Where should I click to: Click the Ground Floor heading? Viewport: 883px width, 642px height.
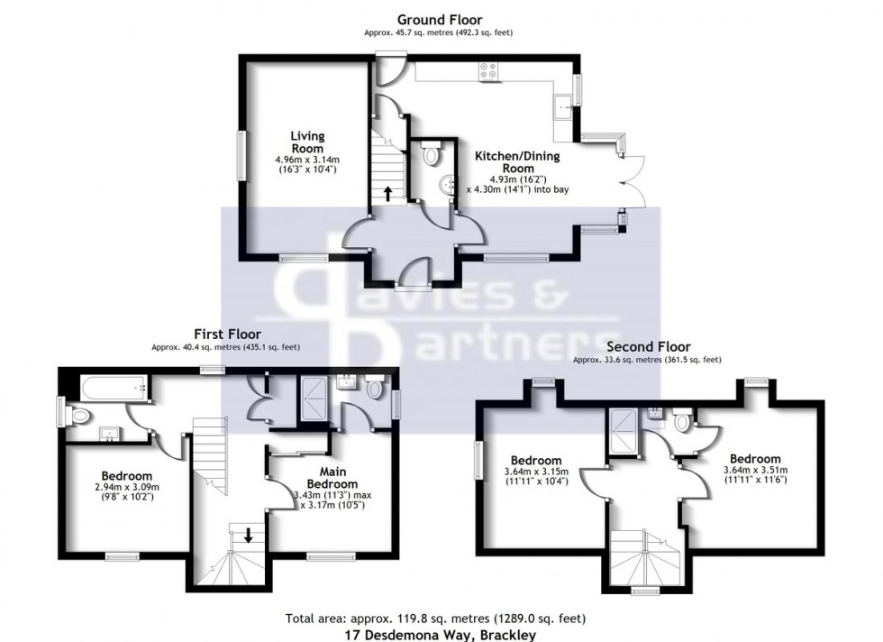pyautogui.click(x=440, y=20)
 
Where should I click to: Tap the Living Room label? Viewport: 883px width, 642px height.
pyautogui.click(x=306, y=142)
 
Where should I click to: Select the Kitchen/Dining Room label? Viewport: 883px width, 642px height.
pyautogui.click(x=516, y=162)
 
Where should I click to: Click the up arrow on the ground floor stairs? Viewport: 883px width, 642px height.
pyautogui.click(x=387, y=192)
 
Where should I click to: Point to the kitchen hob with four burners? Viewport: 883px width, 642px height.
pyautogui.click(x=492, y=70)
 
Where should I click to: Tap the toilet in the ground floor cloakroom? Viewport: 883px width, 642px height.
pyautogui.click(x=430, y=155)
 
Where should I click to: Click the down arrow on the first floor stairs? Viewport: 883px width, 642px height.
pyautogui.click(x=249, y=535)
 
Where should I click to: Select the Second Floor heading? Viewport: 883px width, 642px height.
pyautogui.click(x=649, y=347)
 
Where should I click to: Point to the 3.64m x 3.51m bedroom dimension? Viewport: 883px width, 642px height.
pyautogui.click(x=755, y=470)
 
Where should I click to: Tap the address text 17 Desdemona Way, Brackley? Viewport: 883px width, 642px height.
pyautogui.click(x=440, y=635)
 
